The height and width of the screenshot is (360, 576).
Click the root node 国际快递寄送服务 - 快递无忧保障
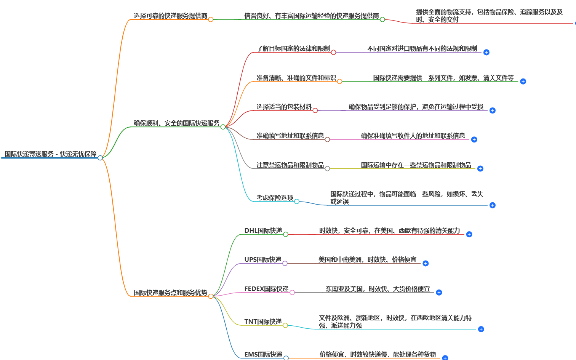pos(50,154)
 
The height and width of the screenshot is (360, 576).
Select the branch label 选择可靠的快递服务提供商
pos(170,16)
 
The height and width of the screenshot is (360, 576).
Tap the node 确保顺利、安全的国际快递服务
pos(176,123)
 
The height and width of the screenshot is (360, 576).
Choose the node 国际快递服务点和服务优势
pos(170,293)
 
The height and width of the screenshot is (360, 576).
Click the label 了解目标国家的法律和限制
pos(293,48)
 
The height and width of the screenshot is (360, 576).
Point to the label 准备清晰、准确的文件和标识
pos(296,78)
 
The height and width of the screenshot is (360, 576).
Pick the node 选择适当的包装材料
pos(284,107)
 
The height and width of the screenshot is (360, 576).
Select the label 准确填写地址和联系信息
pos(290,136)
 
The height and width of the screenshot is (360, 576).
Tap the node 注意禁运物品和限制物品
pos(290,165)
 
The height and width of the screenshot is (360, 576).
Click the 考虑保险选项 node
pos(275,197)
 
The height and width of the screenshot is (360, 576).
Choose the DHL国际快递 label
pos(263,230)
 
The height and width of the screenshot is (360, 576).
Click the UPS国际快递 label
pos(263,259)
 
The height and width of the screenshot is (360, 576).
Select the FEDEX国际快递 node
pos(266,289)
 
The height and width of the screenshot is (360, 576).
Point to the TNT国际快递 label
pos(263,322)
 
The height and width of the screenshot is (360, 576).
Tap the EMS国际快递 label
pos(263,354)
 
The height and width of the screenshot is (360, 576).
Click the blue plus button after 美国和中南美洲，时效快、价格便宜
pos(426,263)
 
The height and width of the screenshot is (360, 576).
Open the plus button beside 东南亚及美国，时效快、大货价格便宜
pos(439,292)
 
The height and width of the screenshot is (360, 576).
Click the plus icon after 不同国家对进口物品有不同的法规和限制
pos(486,52)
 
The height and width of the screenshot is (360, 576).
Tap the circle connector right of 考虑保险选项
pos(297,201)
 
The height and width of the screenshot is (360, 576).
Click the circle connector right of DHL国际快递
pos(286,234)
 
